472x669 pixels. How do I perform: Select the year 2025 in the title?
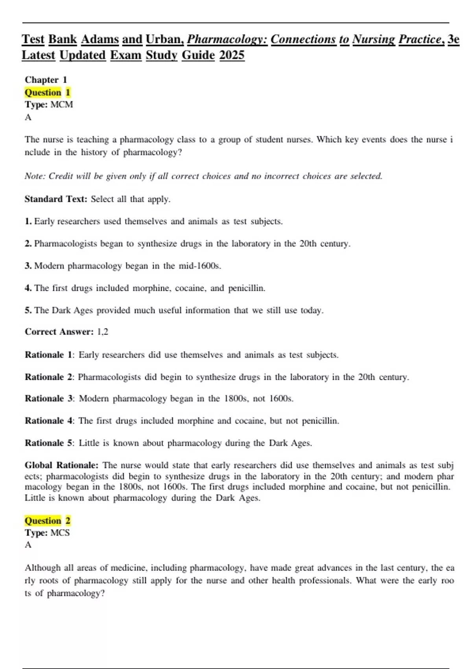232,55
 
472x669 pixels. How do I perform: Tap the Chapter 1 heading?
46,80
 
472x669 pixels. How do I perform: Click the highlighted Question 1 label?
47,92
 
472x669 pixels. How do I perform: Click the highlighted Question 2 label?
47,521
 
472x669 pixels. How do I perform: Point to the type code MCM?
61,105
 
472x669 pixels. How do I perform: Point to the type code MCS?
60,533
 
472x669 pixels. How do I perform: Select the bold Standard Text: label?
56,199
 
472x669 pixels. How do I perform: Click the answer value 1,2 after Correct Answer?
102,332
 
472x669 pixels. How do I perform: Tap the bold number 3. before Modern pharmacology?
28,266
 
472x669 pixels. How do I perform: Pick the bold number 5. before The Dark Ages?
28,310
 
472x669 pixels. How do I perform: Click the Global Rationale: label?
61,465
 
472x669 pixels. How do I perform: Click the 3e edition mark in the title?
453,39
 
